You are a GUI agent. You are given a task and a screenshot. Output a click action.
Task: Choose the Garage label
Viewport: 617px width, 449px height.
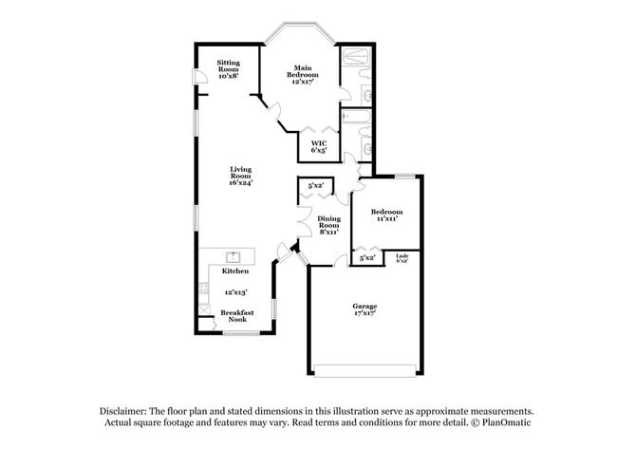tap(365, 306)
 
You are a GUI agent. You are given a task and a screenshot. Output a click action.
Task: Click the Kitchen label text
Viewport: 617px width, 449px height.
tap(235, 271)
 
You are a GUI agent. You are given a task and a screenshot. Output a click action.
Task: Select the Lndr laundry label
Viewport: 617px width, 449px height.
tap(402, 257)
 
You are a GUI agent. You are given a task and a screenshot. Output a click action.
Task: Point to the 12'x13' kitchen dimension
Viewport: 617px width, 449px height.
tap(235, 292)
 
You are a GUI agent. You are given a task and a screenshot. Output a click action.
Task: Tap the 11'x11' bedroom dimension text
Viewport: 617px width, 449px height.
tap(386, 218)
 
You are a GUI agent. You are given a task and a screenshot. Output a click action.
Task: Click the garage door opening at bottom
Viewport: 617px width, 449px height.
tap(364, 370)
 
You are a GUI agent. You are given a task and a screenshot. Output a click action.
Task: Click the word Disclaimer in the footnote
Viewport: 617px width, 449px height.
tap(129, 411)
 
